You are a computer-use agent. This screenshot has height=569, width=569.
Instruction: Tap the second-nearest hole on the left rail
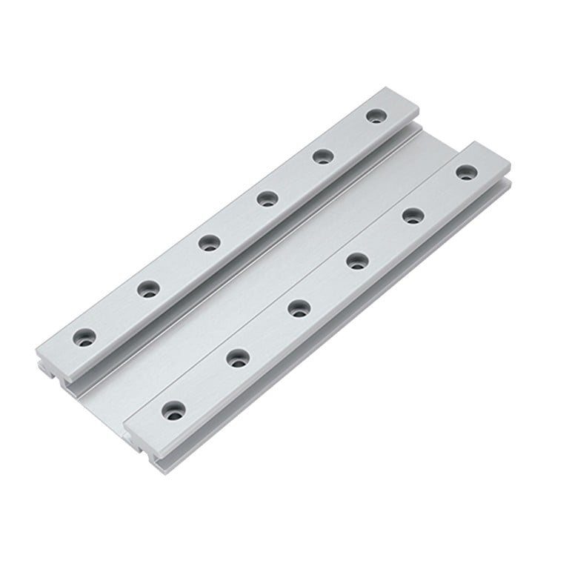coord(149,288)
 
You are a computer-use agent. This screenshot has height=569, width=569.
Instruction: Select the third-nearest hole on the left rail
coord(210,242)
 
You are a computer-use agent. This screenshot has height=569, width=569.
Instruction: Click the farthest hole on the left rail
coord(376,117)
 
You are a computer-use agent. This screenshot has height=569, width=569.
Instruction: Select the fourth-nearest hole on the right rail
coord(357,260)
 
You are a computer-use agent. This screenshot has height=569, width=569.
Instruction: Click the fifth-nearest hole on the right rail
coord(413,216)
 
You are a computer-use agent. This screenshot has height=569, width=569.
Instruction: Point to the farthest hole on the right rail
coord(465,173)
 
